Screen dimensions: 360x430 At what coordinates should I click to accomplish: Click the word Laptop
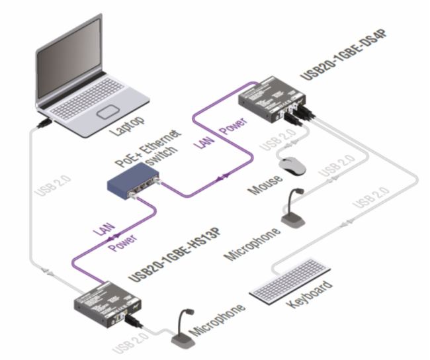coord(130,126)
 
